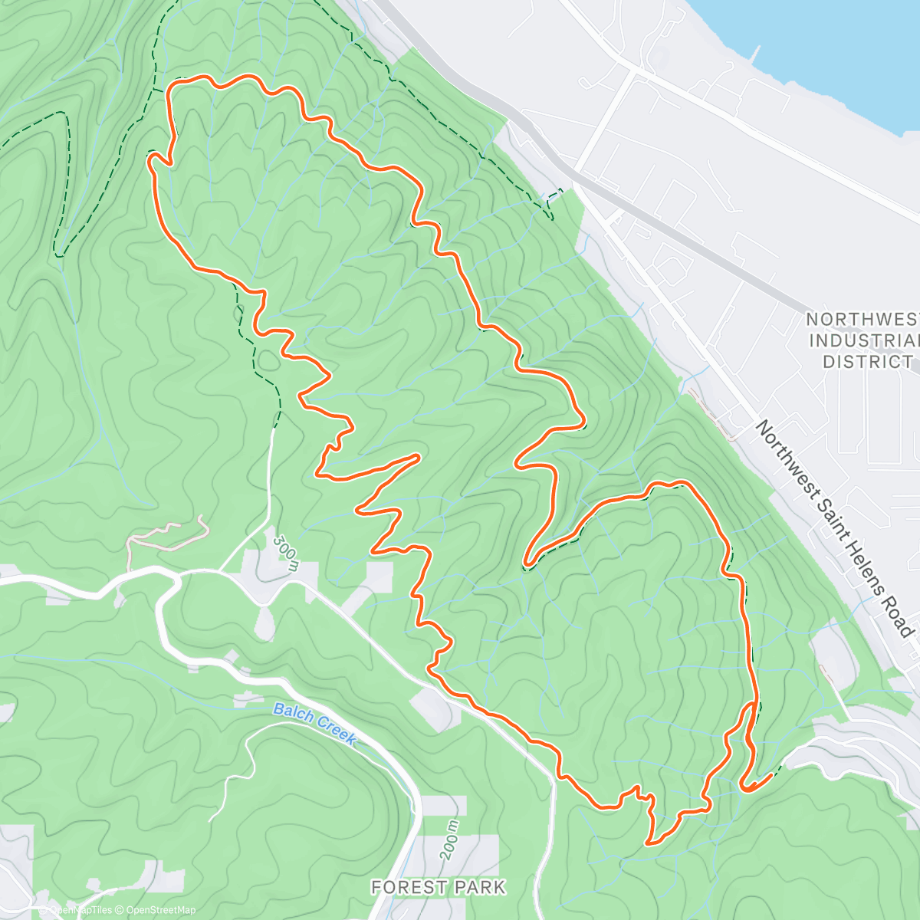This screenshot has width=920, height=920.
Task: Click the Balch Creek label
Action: coord(315,722)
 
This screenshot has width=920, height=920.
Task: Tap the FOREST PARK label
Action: coord(438,887)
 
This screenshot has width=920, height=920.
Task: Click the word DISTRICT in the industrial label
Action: coord(868,361)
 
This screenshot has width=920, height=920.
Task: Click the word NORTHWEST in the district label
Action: coord(862,319)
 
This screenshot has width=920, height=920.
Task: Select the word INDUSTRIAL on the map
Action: coord(863,340)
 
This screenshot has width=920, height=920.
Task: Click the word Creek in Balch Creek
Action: coord(335,729)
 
